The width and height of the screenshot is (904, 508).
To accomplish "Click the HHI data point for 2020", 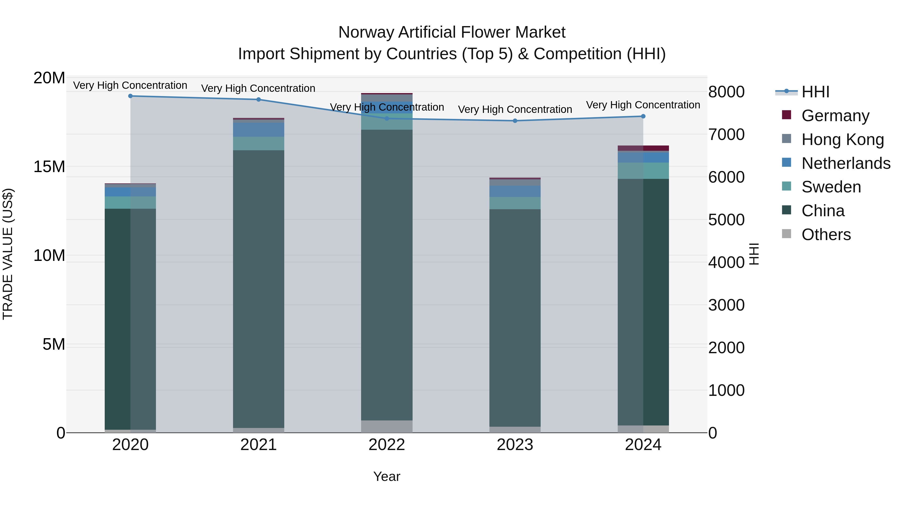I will point(131,96).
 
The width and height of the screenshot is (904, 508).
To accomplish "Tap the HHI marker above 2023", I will point(515,121).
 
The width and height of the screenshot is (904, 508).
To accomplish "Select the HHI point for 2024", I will point(643,116).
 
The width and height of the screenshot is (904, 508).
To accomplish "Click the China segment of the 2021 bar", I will point(259,287).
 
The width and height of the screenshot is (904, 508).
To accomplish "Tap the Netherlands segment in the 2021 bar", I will point(259,130).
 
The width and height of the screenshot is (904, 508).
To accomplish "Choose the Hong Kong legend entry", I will point(842,139).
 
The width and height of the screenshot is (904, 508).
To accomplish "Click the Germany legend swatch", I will point(786,115).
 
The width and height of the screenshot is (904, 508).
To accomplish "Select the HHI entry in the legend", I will point(815,92).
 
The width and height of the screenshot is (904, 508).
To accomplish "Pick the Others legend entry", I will point(826,235).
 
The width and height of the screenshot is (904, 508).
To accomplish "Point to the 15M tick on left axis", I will point(49,167).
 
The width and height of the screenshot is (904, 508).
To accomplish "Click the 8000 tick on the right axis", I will point(726,92).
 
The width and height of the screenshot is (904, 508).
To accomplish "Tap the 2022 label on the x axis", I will point(387,445).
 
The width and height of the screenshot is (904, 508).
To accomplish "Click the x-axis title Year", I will point(387,476).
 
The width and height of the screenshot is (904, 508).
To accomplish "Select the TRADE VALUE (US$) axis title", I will point(8,254).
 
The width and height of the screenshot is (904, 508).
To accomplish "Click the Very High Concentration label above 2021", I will point(258,88).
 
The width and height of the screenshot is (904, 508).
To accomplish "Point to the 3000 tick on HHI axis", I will point(726,305).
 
